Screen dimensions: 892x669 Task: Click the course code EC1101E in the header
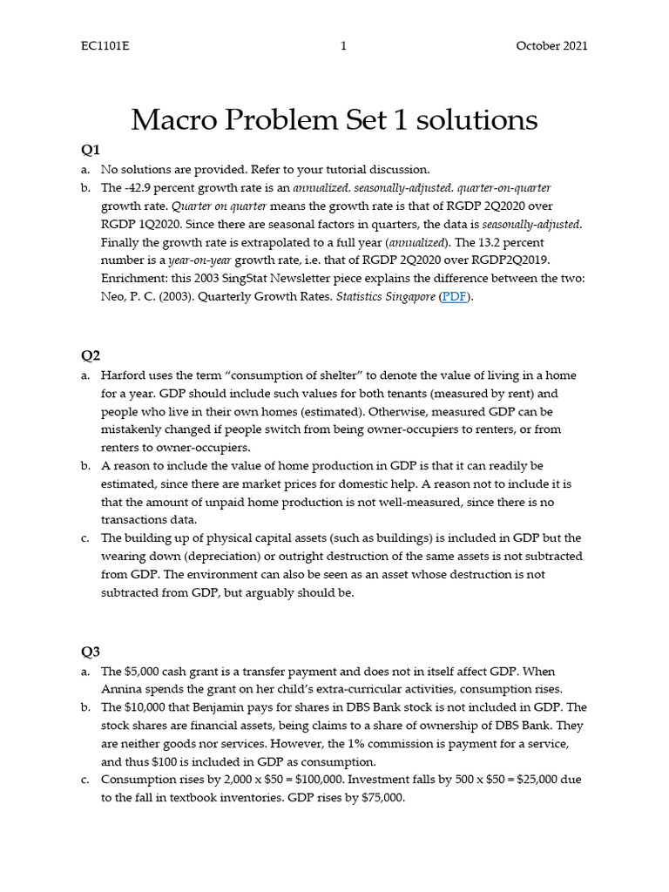point(105,46)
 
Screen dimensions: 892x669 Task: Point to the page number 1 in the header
point(344,46)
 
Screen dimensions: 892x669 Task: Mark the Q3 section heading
point(91,651)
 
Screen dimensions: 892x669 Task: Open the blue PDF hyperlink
point(454,297)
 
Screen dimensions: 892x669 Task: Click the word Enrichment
point(134,279)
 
